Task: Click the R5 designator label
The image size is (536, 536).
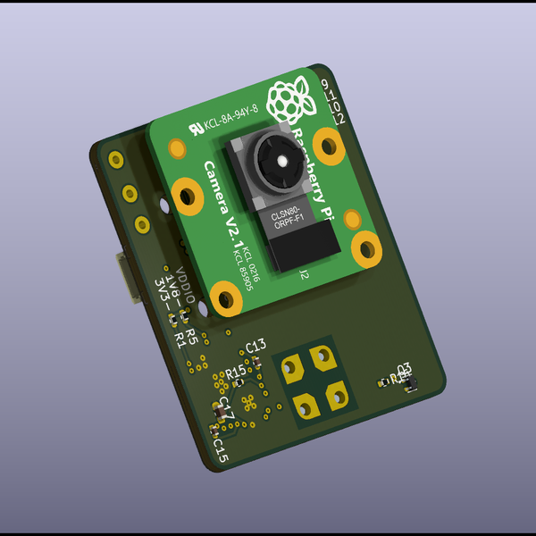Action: click(x=191, y=319)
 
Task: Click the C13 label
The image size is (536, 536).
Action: click(x=255, y=346)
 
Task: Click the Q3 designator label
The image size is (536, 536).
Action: click(x=404, y=367)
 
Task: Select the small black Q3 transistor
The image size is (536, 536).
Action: click(x=411, y=385)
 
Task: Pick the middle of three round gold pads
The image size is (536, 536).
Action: click(x=129, y=192)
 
